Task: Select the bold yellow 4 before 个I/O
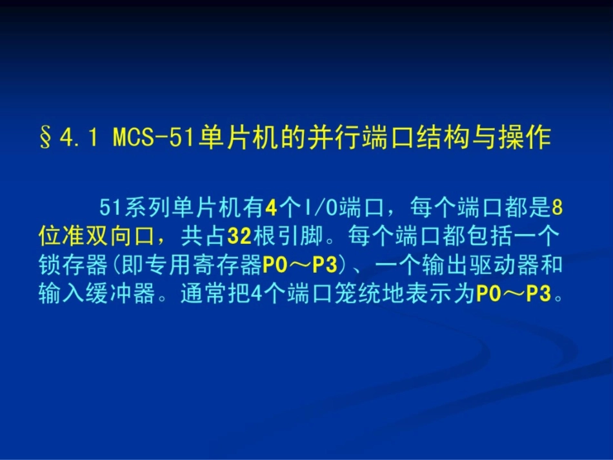pyautogui.click(x=270, y=208)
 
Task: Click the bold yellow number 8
pyautogui.click(x=559, y=208)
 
